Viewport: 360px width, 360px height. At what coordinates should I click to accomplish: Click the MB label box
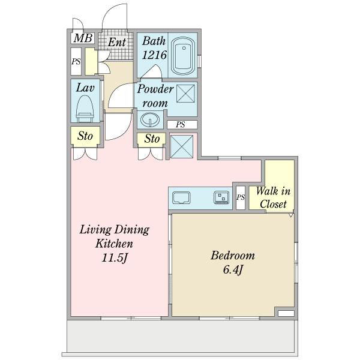pos(83,38)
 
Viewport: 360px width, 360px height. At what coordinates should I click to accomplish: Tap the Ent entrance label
pos(117,42)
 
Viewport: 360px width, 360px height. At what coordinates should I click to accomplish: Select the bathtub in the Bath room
pos(183,56)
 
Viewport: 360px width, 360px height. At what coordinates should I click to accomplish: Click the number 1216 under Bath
pos(154,55)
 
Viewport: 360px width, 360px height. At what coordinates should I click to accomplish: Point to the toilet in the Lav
pos(85,109)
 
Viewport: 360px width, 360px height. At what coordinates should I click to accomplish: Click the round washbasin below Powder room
pos(150,119)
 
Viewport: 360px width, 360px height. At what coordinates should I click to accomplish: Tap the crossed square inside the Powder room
pos(185,93)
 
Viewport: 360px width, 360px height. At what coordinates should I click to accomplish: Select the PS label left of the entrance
pos(76,61)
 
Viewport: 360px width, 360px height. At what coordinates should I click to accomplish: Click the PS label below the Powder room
pos(181,124)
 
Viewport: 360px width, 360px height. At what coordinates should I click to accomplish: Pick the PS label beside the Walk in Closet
pos(241,197)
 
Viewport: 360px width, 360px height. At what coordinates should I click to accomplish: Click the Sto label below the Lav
pos(85,136)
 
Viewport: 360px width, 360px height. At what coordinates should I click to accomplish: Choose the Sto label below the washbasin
pos(152,139)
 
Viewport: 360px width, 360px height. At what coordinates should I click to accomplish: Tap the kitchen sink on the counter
pos(181,197)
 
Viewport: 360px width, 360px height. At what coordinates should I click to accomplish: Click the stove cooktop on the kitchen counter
pos(221,197)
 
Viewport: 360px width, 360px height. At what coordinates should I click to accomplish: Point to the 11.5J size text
pos(115,258)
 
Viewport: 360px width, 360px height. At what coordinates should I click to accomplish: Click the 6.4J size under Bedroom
pos(233,269)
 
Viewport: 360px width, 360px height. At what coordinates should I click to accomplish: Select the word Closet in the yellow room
pos(273,204)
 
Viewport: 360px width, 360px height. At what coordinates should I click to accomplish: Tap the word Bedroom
pos(233,256)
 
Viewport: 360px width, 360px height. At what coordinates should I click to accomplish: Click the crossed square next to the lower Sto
pos(182,146)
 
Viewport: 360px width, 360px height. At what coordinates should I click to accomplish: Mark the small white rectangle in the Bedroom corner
pos(286,313)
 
